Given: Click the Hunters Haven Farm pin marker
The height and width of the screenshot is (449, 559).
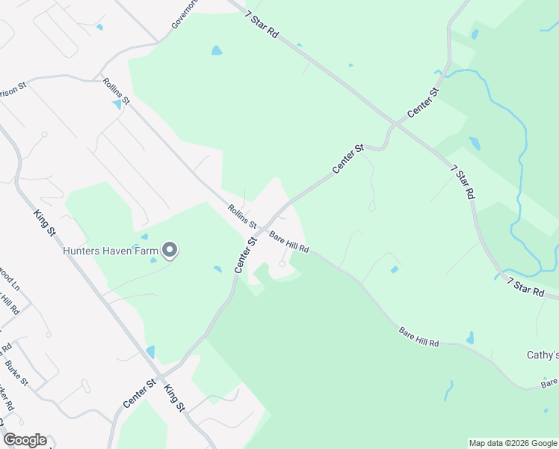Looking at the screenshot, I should point(170,250).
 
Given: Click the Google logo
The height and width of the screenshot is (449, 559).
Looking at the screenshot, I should point(25,440).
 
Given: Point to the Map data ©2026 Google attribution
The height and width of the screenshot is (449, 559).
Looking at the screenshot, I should point(513,443).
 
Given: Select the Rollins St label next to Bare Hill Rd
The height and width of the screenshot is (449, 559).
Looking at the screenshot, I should point(243,217).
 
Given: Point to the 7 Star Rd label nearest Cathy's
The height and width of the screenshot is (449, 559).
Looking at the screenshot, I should point(526,287).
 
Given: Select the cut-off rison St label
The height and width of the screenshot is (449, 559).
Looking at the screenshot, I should point(13,88).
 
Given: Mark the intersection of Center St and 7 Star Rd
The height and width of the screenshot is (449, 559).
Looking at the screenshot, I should point(395,124).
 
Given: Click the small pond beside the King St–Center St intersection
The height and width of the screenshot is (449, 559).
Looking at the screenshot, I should point(151,351).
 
